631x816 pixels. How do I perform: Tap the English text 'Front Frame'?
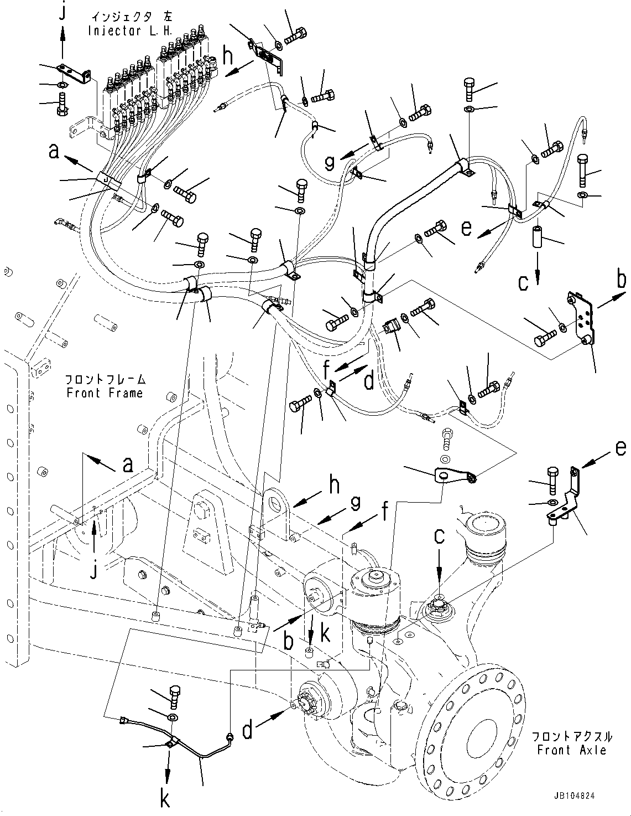click(104, 392)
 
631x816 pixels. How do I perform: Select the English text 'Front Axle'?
click(572, 750)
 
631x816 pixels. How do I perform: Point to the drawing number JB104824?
click(574, 796)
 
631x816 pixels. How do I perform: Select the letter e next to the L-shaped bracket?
click(620, 447)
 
